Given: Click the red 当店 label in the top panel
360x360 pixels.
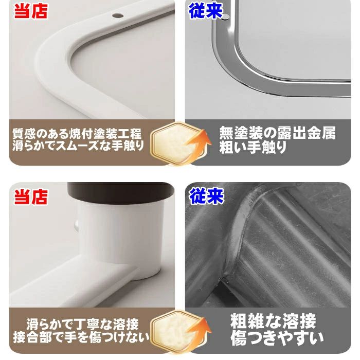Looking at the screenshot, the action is (31, 11).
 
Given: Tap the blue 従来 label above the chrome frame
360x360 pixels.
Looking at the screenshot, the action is (206, 11).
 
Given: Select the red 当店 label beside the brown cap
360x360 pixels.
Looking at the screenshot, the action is (31, 197).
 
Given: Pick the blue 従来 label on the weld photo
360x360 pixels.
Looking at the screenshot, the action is (206, 196).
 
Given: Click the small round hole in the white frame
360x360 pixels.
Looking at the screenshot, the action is (118, 15).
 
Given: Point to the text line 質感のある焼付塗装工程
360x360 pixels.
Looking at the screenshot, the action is (77, 134).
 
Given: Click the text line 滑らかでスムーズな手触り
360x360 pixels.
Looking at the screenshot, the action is (78, 146).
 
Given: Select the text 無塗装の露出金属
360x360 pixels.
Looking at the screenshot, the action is (277, 133).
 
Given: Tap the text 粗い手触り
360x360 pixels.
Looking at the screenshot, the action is (253, 147).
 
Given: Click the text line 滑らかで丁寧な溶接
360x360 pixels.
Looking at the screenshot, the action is (83, 324).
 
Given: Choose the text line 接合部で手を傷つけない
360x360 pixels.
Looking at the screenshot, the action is (81, 337).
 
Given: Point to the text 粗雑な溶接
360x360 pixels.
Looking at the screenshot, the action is (273, 321).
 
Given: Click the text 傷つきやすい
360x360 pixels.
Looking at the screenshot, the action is (277, 338).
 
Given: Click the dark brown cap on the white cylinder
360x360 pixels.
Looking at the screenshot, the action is (121, 193).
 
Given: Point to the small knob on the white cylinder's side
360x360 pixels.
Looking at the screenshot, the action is (76, 225).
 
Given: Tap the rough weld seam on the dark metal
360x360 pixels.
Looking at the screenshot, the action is (239, 241).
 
